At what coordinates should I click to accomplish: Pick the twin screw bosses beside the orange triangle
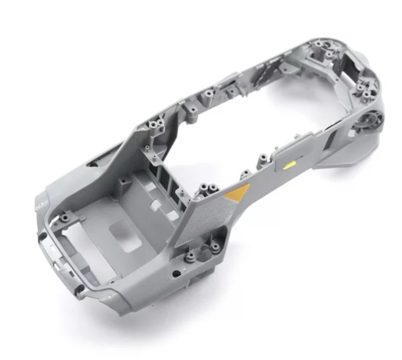tap(207, 190)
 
